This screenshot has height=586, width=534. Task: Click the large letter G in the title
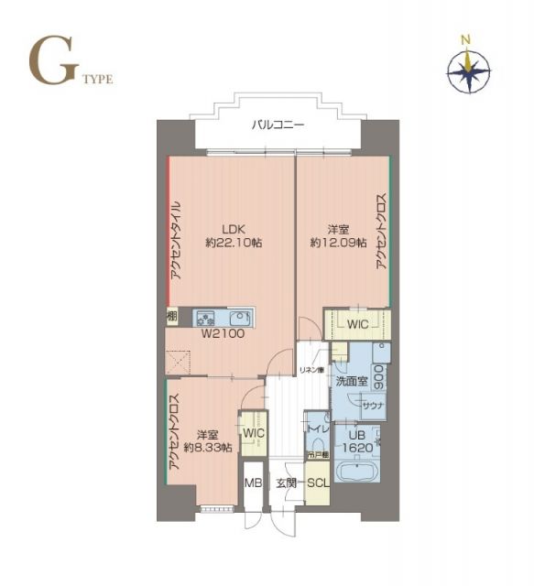click(x=50, y=63)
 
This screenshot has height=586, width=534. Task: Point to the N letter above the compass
click(x=466, y=38)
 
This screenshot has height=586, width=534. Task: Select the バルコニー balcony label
click(x=278, y=125)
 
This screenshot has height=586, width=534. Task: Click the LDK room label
click(x=232, y=230)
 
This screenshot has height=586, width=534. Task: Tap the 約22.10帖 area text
click(x=232, y=244)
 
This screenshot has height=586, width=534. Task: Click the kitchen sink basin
click(x=241, y=319)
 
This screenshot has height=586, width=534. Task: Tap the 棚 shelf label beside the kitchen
click(x=171, y=316)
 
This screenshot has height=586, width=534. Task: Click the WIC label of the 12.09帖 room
click(x=358, y=323)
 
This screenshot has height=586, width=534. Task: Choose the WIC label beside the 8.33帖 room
click(x=253, y=432)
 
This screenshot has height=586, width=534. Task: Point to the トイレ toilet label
click(x=317, y=426)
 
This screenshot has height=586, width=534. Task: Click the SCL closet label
click(x=318, y=483)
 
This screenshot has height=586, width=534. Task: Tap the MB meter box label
click(x=252, y=483)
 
